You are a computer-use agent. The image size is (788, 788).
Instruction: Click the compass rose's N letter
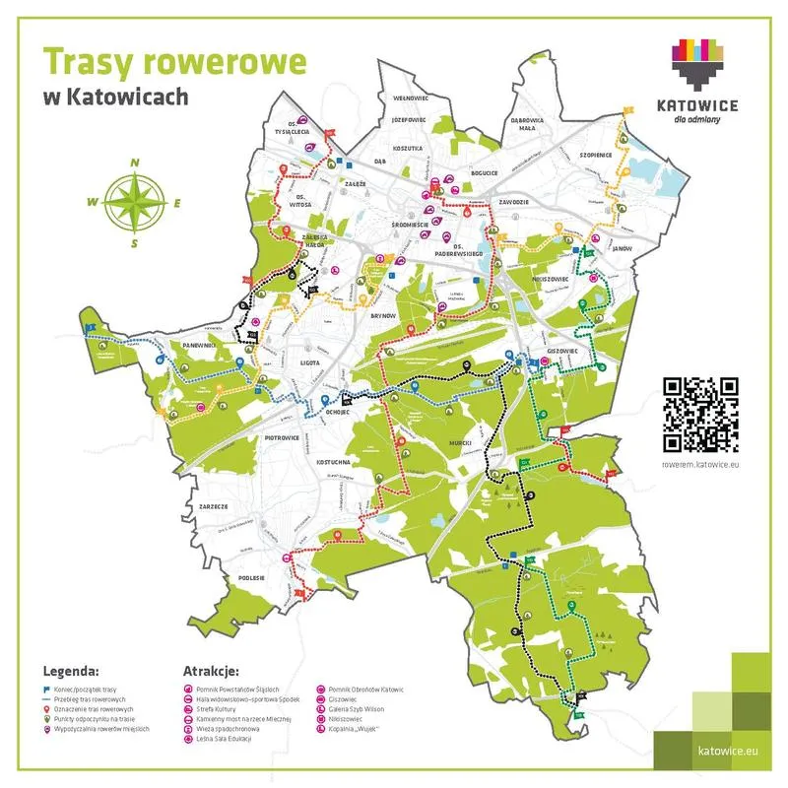[x=135, y=163]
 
